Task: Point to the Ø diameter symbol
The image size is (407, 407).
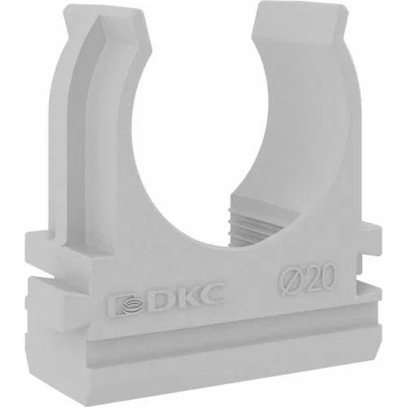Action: tap(291, 282)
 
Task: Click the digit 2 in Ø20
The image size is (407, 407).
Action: tap(311, 278)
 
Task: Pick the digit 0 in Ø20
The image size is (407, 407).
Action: tap(327, 276)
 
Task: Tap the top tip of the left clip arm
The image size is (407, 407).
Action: tap(103, 11)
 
